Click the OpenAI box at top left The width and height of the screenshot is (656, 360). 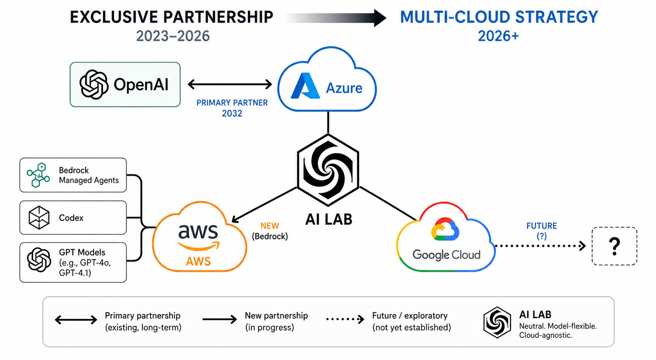pos(125,84)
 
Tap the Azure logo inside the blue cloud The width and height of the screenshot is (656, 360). pos(305,86)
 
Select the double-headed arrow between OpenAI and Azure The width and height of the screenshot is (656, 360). pos(230,84)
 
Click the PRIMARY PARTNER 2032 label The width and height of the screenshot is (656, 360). pos(232,108)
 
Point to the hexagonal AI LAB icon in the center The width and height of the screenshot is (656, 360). pos(328,169)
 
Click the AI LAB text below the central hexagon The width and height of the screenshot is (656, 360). pos(329,219)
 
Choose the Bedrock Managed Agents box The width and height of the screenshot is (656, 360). pos(73,175)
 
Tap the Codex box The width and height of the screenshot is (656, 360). pos(73,218)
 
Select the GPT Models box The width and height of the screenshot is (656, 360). pos(73,262)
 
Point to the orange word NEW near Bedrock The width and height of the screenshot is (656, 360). pos(270,226)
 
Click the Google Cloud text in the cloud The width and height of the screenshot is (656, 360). pos(446,255)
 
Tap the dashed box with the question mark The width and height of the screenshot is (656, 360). pos(614,246)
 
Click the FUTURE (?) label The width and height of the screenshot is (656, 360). pos(541,231)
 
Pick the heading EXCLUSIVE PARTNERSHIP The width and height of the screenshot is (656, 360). pos(172,17)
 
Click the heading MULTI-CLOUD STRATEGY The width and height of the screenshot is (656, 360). pos(499,17)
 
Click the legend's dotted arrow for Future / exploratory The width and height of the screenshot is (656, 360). pos(345,319)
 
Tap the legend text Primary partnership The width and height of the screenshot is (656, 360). pos(143,316)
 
